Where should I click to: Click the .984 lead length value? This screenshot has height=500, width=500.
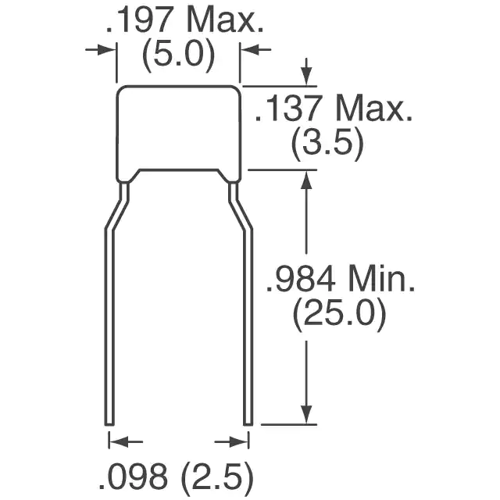[x=301, y=279]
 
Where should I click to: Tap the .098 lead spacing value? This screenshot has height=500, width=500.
[x=133, y=479]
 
